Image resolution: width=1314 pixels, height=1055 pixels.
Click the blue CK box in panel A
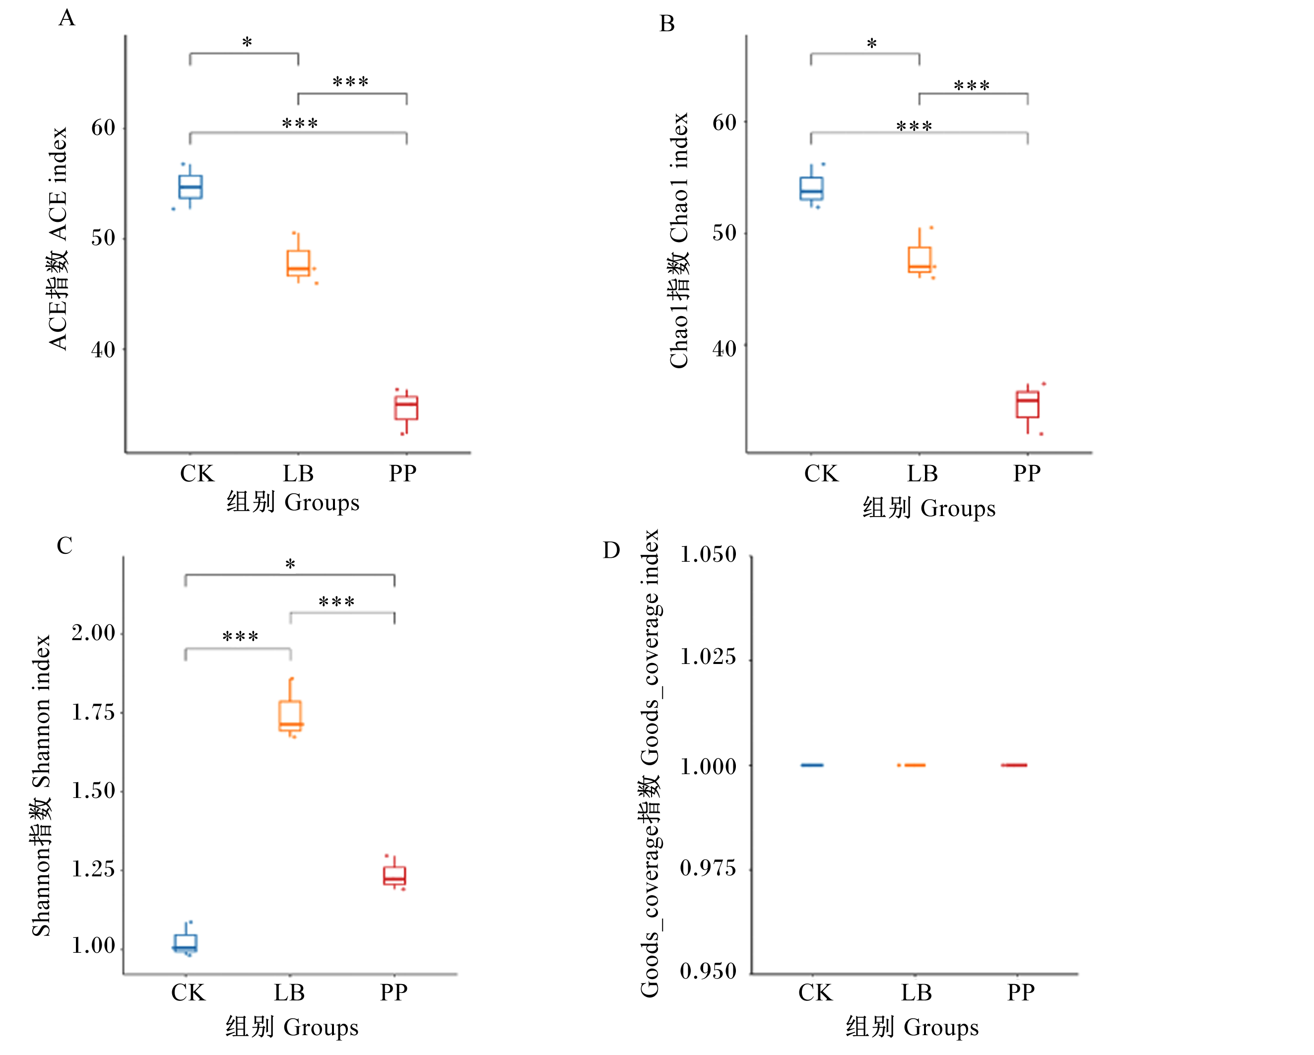point(190,187)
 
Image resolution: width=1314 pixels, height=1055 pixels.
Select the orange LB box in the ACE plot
point(298,264)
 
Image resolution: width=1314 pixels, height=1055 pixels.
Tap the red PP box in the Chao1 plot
point(1028,404)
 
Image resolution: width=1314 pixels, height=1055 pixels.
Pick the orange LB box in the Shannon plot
point(290,716)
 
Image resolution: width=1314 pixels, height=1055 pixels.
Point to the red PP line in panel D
point(1014,765)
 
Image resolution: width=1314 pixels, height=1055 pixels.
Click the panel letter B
point(667,24)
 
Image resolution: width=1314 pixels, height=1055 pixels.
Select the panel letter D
point(611,550)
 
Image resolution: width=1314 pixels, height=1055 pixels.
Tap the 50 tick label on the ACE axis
point(103,238)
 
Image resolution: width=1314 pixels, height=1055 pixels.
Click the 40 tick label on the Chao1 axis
point(724,349)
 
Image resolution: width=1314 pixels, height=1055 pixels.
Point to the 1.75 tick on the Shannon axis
point(93,712)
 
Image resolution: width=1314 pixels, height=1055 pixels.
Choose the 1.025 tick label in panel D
point(708,657)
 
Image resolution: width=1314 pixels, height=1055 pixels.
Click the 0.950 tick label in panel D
point(708,971)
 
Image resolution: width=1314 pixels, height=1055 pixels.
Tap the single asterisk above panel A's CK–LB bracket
point(247,43)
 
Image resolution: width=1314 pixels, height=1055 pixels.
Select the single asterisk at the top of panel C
point(290,564)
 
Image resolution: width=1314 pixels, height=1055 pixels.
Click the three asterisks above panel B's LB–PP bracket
point(972,86)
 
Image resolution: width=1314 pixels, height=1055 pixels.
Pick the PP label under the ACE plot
point(403,473)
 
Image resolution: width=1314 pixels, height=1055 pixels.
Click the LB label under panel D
point(917,993)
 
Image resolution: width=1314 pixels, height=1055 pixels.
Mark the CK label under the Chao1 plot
point(821,473)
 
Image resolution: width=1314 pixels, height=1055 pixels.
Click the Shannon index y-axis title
point(41,786)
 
